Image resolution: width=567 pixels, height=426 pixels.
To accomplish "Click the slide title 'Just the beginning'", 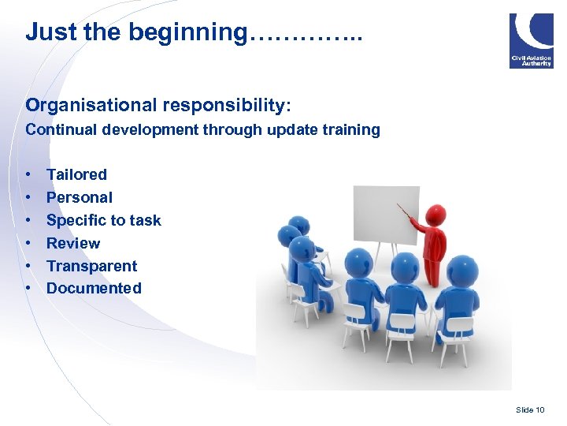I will click(193, 32).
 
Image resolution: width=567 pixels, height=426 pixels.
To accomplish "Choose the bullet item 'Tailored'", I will click(76, 174).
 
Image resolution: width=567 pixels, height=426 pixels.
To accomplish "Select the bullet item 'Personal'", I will click(79, 197).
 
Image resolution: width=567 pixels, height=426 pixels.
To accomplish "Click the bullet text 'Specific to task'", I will click(103, 220).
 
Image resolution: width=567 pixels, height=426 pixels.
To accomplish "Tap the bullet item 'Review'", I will click(73, 243).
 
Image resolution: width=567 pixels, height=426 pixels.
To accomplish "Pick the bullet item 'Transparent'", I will click(91, 266).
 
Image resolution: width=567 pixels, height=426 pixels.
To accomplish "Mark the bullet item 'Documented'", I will click(94, 289).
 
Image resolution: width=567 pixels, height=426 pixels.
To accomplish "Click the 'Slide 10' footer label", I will click(529, 409).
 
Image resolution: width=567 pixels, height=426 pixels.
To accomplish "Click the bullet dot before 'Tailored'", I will click(28, 174).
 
